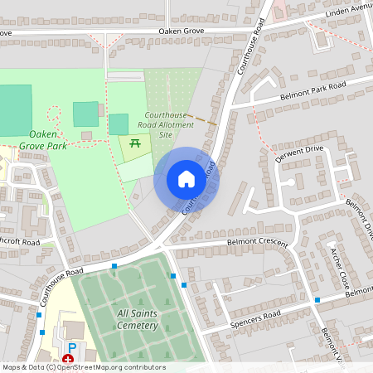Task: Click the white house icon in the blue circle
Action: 186,178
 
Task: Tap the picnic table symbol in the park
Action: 135,143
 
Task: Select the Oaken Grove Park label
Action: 58,139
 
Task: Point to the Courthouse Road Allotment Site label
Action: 169,124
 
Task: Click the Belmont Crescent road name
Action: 257,242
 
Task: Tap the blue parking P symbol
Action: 71,347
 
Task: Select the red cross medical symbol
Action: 67,360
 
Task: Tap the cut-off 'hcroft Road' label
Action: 20,241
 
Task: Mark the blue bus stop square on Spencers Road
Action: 317,299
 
